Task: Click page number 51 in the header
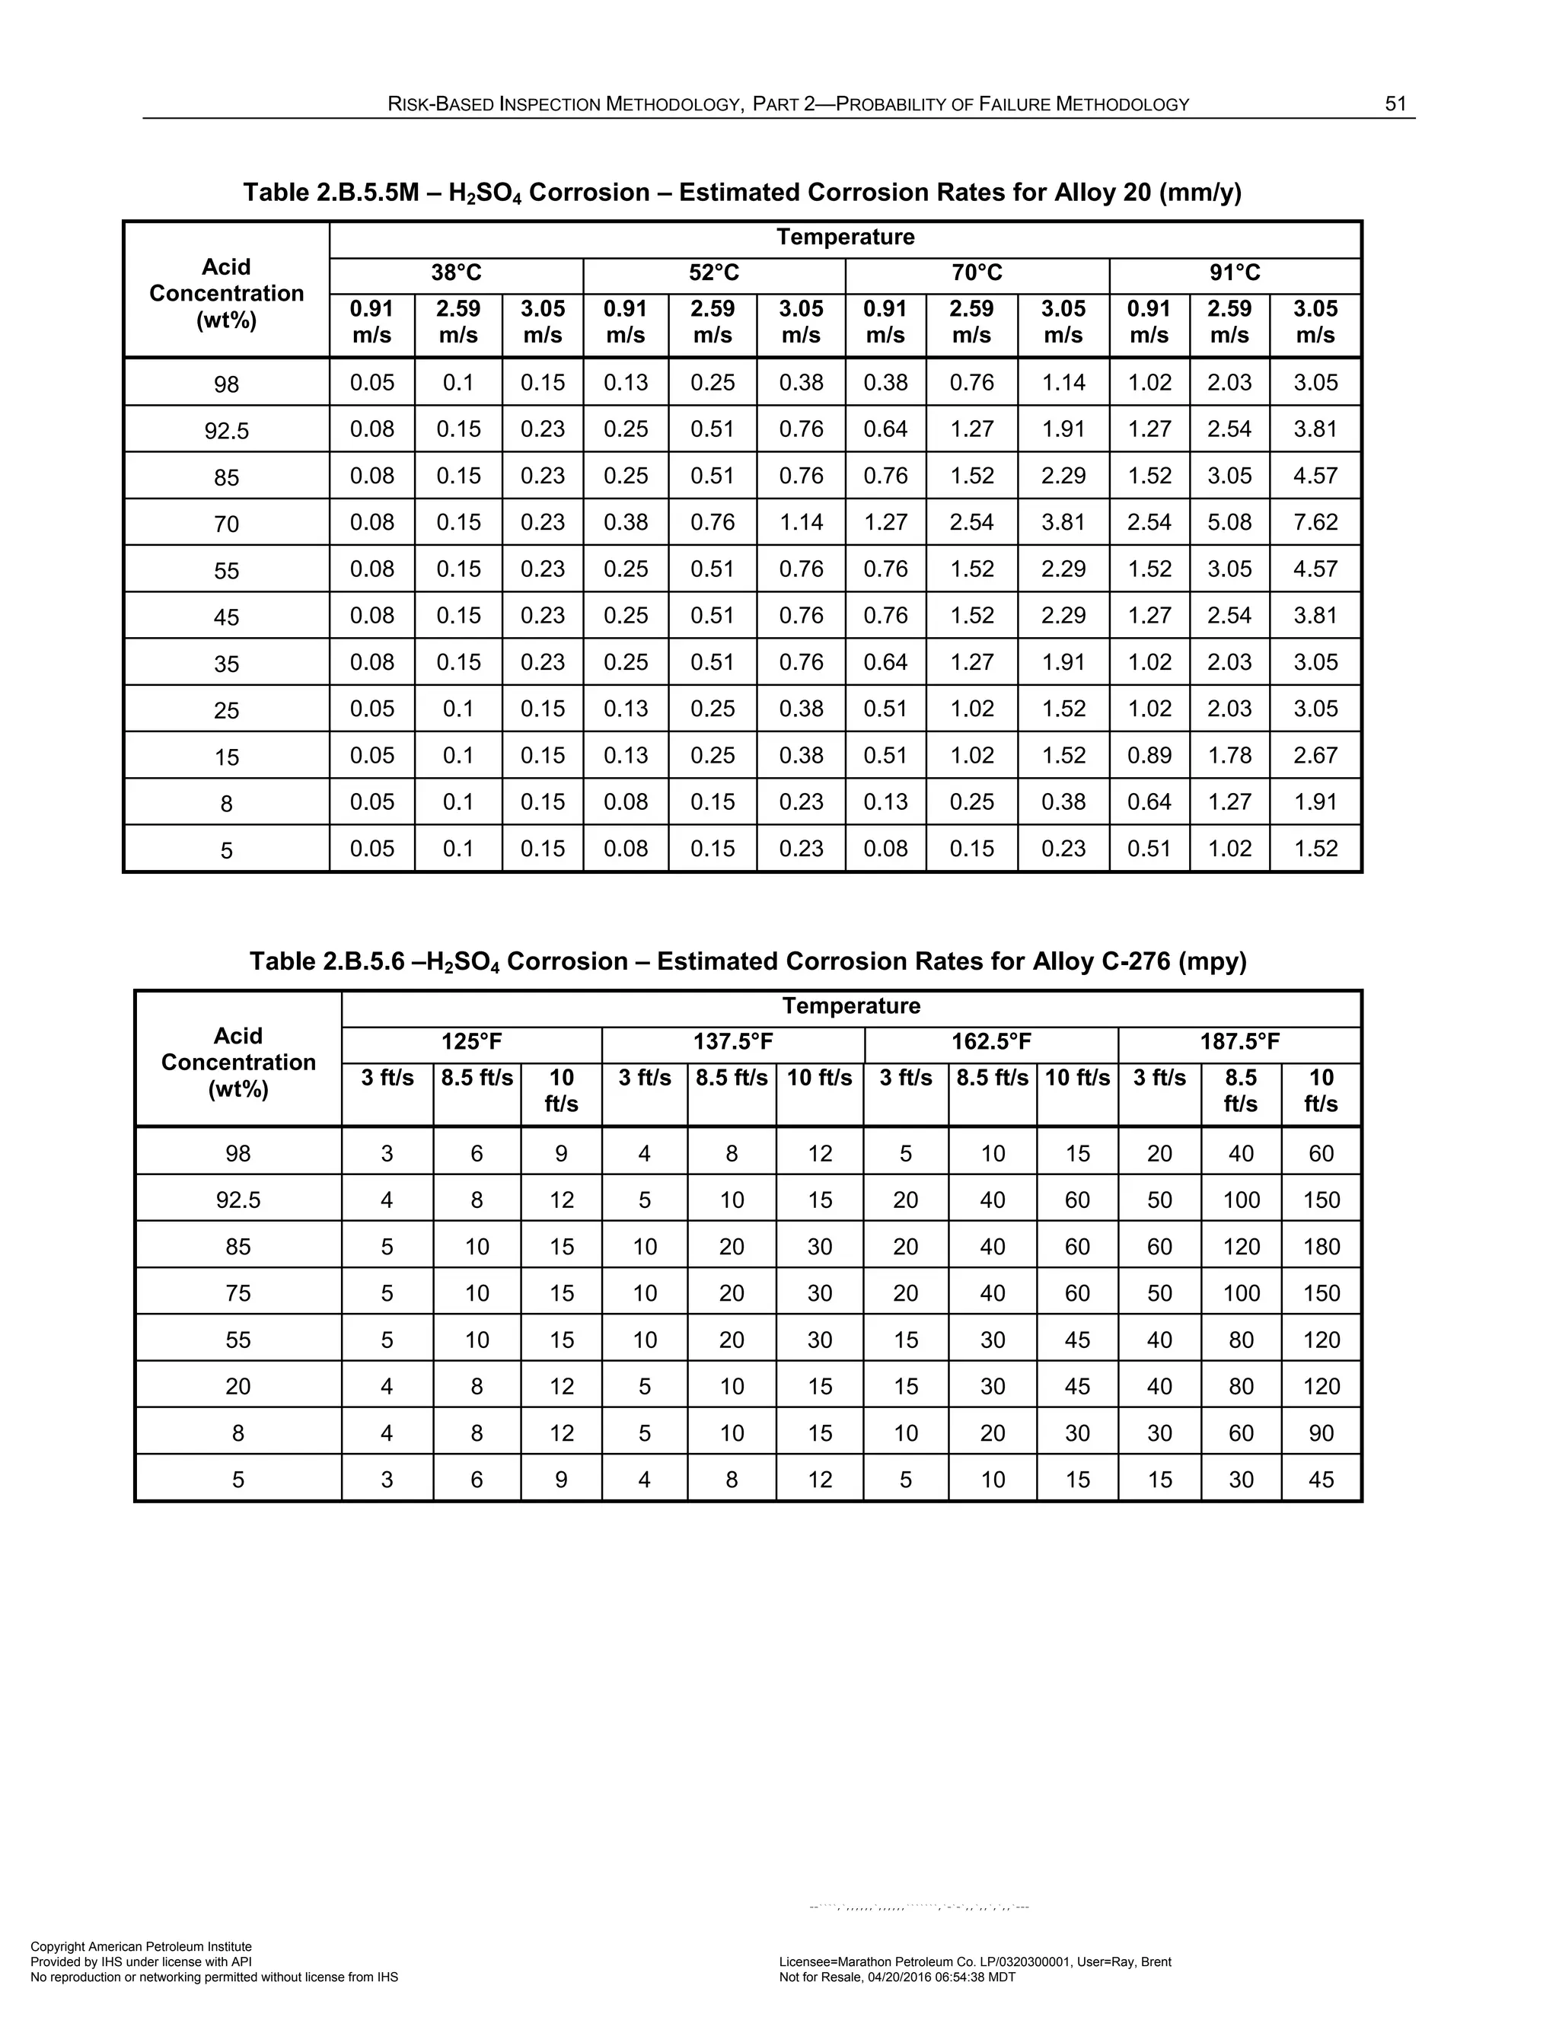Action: [x=1395, y=104]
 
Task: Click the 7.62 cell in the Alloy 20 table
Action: [x=1315, y=522]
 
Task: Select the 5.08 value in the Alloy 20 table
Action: [x=1229, y=522]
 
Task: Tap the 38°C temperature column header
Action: [x=456, y=273]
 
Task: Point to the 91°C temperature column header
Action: [x=1235, y=273]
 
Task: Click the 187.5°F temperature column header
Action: [x=1239, y=1043]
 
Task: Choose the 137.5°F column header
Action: [x=733, y=1043]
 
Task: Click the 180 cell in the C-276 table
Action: [x=1321, y=1247]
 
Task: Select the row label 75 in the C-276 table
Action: [x=238, y=1293]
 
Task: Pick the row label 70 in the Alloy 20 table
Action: [x=226, y=524]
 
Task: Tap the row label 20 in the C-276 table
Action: [x=238, y=1386]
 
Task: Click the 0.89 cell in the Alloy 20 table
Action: [x=1149, y=756]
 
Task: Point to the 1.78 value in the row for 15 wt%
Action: [x=1229, y=756]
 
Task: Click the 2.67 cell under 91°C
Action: [x=1315, y=756]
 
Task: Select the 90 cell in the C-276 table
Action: [x=1321, y=1433]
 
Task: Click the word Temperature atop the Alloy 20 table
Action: [x=845, y=237]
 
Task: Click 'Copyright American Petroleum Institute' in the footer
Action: [x=142, y=1947]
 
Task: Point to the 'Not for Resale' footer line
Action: [x=897, y=1977]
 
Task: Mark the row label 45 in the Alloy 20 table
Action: [x=226, y=617]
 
